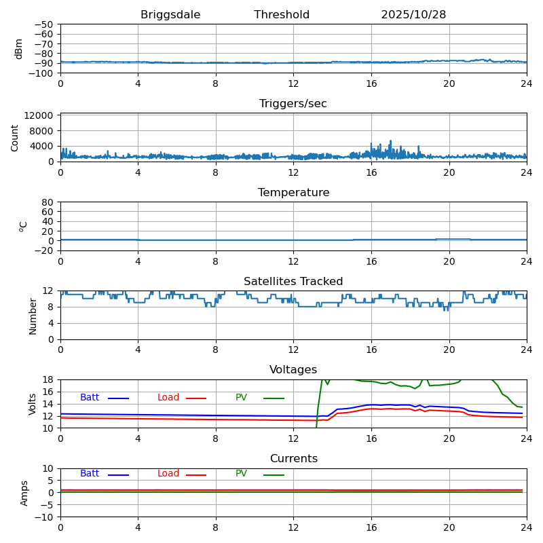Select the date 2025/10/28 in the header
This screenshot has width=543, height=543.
point(413,15)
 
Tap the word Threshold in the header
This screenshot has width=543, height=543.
point(282,15)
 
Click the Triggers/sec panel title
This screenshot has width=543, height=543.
point(293,104)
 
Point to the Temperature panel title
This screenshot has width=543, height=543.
point(293,193)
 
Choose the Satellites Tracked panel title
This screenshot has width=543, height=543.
point(293,282)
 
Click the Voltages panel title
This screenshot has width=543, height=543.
point(293,370)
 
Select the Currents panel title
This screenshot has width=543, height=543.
point(293,459)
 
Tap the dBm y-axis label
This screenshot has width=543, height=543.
point(19,49)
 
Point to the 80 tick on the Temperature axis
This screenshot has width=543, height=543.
point(48,202)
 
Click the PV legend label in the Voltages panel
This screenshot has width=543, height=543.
point(242,398)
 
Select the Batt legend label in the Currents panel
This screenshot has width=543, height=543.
point(90,474)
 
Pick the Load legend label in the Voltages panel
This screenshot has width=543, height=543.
point(168,398)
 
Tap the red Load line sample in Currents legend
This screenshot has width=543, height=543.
point(196,474)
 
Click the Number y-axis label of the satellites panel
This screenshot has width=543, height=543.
point(33,316)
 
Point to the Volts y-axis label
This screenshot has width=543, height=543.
point(33,404)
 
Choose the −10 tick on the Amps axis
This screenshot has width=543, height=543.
point(45,517)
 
